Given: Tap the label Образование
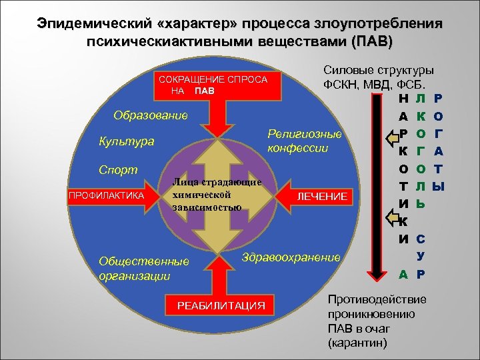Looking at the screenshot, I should click(151, 115).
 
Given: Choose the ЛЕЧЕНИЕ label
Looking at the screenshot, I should click(322, 197).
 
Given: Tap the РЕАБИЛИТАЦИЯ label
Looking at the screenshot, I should click(221, 306).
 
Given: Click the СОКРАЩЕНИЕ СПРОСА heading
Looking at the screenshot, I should click(209, 79).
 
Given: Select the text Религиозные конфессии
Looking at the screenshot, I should click(303, 141).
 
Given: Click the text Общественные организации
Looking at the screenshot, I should click(143, 269).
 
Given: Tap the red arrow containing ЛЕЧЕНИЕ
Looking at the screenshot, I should click(313, 197).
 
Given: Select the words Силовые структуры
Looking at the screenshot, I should click(378, 70).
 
